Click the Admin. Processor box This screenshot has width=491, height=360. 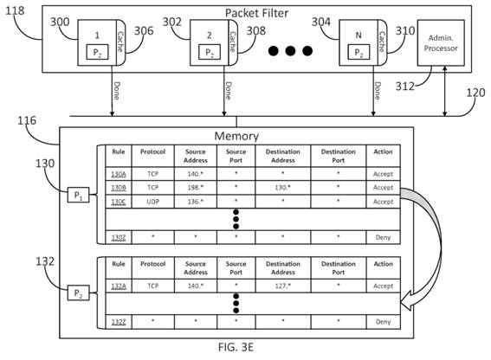pos(441,43)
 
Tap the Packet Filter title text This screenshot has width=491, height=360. pos(257,13)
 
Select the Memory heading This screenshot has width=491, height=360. pos(236,136)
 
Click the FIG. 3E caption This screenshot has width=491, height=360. pos(236,347)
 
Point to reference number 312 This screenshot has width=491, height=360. pos(405,86)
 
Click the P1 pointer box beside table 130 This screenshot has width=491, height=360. pos(78,195)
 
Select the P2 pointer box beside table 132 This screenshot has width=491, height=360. pos(78,293)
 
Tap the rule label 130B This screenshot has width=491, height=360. pos(119,188)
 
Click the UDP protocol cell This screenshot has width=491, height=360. pos(152,202)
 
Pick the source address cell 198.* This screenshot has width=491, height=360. pos(196,188)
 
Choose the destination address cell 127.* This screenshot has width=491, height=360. pos(283,286)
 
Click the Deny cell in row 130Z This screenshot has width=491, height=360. pos(383,238)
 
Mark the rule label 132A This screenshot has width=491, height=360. pos(119,286)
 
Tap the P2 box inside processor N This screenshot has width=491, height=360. pos(359,52)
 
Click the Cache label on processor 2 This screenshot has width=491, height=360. pos(233,42)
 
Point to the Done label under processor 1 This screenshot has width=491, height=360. pos(117,91)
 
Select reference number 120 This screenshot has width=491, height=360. pos(475,93)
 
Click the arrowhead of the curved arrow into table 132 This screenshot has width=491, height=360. pos(406,300)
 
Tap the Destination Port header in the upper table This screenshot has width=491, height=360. pos(339,156)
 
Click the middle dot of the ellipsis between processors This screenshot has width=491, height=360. pos(290,51)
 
